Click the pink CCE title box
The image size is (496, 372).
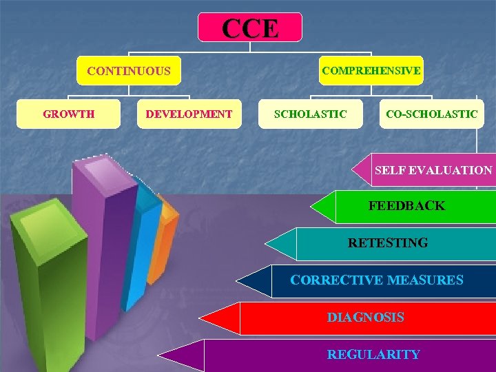tap(250, 28)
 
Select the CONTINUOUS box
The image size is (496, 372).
tap(129, 70)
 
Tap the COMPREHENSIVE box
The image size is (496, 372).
tap(371, 70)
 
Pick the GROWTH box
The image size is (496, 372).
tap(69, 114)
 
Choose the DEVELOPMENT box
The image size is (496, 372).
tap(189, 114)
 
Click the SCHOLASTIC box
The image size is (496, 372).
tap(310, 114)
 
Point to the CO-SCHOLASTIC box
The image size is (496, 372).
tap(431, 114)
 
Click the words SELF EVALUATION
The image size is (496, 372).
tap(433, 169)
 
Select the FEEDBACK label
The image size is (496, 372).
tap(406, 205)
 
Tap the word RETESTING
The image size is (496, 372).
tap(388, 242)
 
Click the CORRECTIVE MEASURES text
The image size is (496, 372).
tap(377, 280)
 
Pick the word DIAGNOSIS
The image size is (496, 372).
tap(365, 317)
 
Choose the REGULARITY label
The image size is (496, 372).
tap(373, 354)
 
